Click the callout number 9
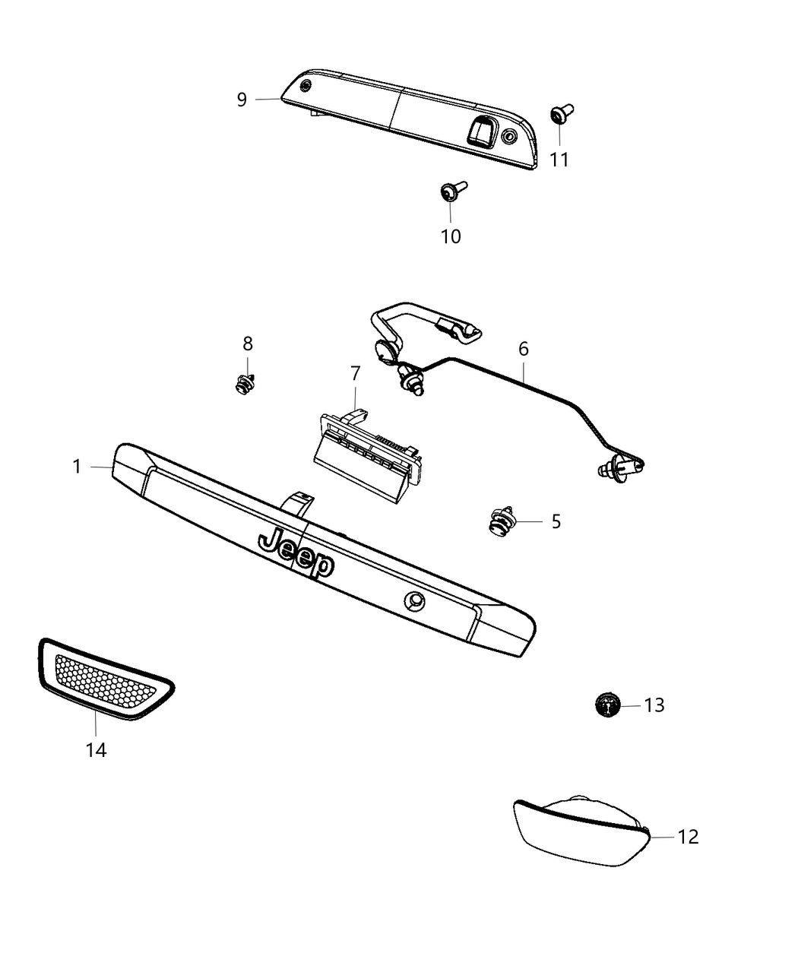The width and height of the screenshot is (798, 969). tap(242, 100)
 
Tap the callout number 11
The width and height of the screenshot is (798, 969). tap(559, 160)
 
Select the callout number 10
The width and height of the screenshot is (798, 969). tap(451, 236)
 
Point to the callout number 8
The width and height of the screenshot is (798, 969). tap(248, 344)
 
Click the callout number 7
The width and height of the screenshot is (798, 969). tap(355, 373)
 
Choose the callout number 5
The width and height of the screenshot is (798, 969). tap(556, 521)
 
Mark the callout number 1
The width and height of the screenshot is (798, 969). tap(77, 466)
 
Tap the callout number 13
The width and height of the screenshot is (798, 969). tap(654, 705)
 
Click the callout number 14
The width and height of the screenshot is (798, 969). tap(96, 750)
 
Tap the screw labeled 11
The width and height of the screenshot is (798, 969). tap(562, 115)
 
